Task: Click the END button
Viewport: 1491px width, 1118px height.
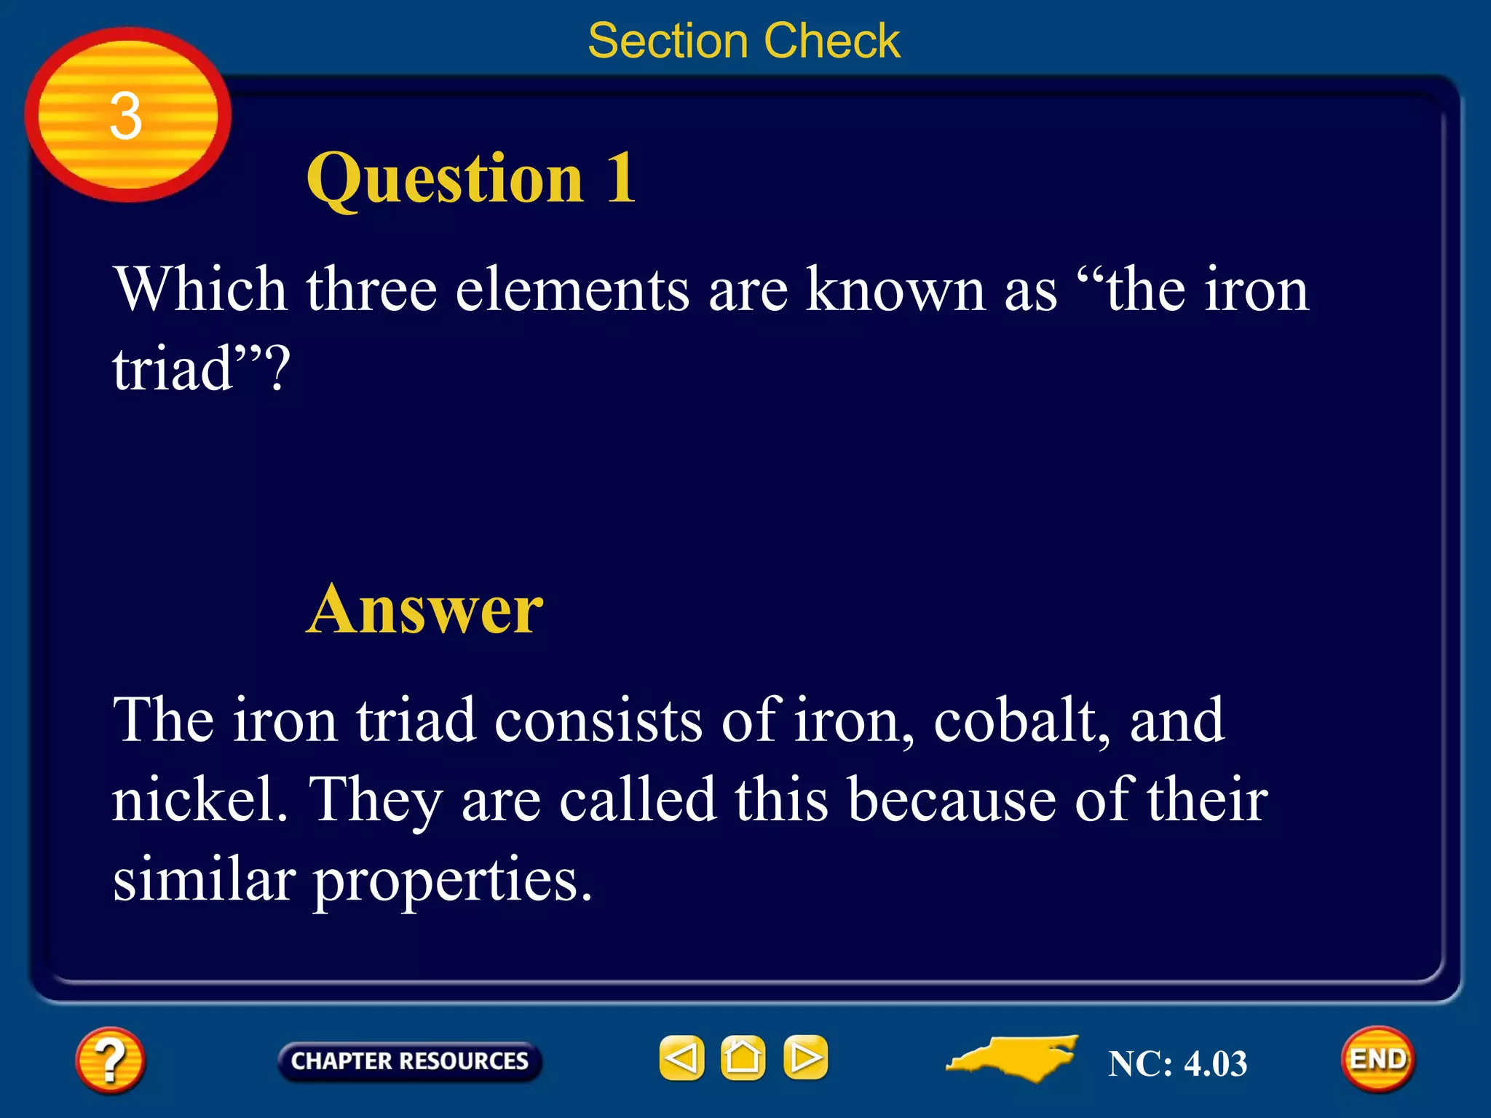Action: click(1377, 1059)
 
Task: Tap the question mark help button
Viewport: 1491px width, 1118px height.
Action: click(110, 1060)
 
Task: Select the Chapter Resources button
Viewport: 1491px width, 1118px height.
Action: click(409, 1060)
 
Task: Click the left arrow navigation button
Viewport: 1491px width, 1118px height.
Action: click(681, 1058)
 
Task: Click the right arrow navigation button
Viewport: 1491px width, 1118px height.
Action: click(805, 1058)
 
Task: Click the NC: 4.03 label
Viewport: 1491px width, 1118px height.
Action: click(1177, 1063)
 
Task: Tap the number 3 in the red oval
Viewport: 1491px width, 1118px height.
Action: click(126, 116)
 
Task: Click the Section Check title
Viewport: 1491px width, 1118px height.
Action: click(744, 41)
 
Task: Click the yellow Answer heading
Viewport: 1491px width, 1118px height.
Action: click(424, 609)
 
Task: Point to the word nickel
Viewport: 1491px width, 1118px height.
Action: click(199, 799)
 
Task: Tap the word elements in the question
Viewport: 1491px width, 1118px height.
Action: click(572, 290)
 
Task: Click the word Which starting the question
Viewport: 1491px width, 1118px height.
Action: click(199, 290)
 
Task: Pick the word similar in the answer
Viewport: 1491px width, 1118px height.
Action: click(204, 879)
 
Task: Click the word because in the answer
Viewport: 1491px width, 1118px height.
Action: click(952, 800)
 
